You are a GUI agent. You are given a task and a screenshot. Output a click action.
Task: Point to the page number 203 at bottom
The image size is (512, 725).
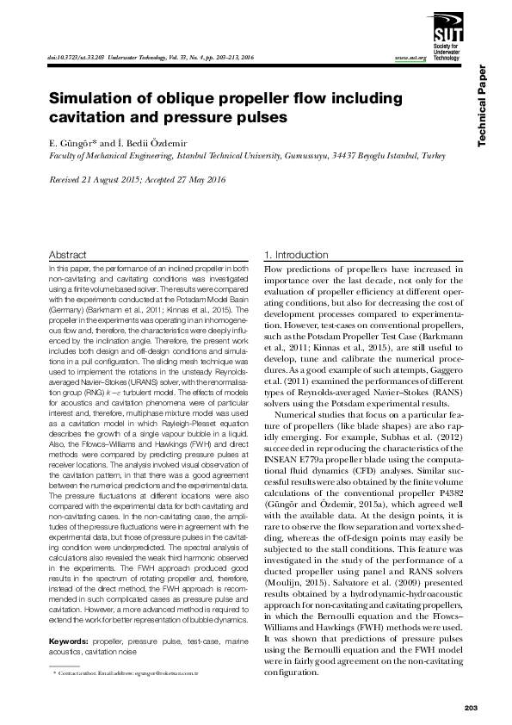[x=470, y=708]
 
